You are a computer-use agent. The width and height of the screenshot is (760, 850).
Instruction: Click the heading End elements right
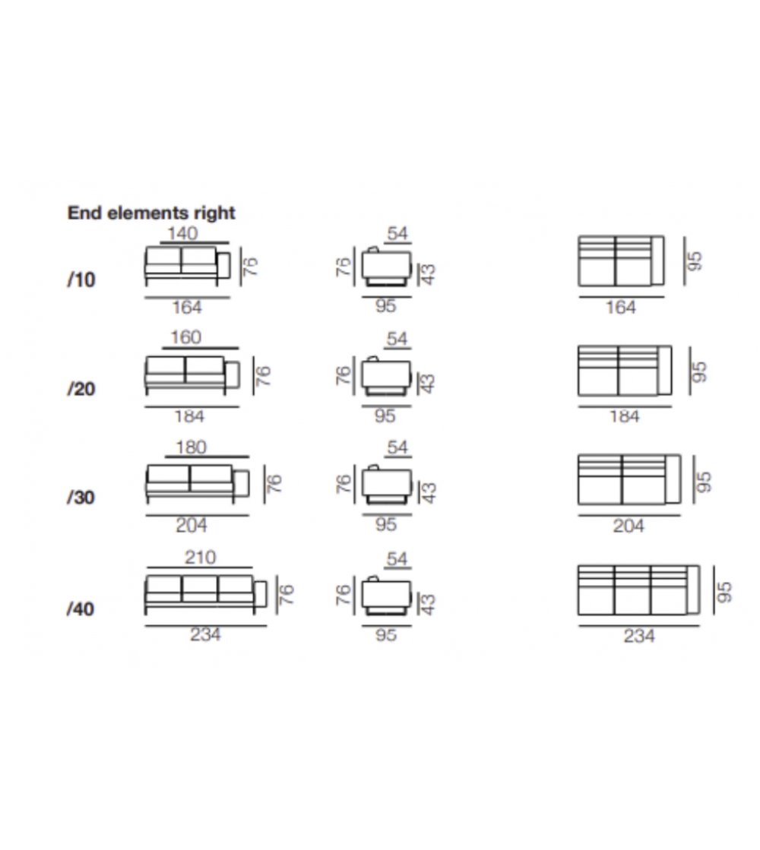click(150, 213)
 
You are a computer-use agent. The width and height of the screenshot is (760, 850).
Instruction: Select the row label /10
click(81, 280)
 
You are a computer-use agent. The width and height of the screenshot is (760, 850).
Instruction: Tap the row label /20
click(81, 389)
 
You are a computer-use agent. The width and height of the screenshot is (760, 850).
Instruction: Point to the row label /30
click(81, 497)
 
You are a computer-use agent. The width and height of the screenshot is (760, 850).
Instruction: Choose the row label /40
click(81, 608)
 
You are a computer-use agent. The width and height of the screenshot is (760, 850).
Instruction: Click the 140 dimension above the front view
click(182, 234)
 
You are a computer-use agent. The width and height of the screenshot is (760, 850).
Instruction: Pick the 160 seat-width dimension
click(185, 338)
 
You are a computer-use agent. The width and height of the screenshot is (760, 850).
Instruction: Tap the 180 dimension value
click(191, 447)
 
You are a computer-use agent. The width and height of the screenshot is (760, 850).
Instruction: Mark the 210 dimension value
click(200, 558)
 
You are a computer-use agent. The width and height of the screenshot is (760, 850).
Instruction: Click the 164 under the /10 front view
click(187, 308)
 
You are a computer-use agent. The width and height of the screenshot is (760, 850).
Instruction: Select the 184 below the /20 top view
click(625, 416)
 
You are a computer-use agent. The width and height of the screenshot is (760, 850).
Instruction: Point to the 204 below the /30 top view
click(629, 526)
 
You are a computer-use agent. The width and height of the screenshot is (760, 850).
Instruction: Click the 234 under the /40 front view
click(205, 634)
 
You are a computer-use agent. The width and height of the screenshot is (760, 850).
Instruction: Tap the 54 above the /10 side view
click(397, 234)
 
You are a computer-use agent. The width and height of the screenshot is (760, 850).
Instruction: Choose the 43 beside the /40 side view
click(428, 604)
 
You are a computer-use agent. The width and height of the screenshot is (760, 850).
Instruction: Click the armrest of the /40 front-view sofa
click(261, 594)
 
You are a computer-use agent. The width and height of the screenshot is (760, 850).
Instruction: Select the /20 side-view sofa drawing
click(386, 376)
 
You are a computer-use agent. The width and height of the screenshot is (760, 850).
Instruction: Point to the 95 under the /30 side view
click(385, 524)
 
